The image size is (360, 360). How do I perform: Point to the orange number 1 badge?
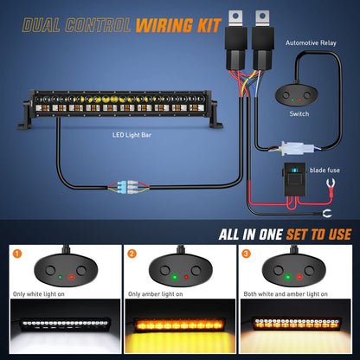pyautogui.click(x=16, y=254)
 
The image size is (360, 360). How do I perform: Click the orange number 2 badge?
pyautogui.click(x=132, y=254)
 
